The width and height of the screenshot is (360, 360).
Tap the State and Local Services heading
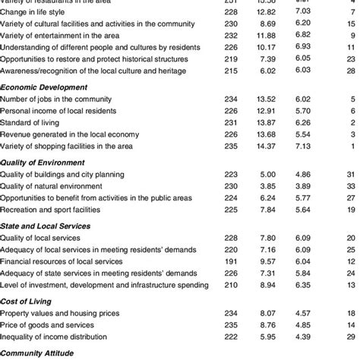(46, 226)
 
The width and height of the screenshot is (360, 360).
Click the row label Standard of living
(32, 122)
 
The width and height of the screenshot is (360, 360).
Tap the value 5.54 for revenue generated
(304, 134)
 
